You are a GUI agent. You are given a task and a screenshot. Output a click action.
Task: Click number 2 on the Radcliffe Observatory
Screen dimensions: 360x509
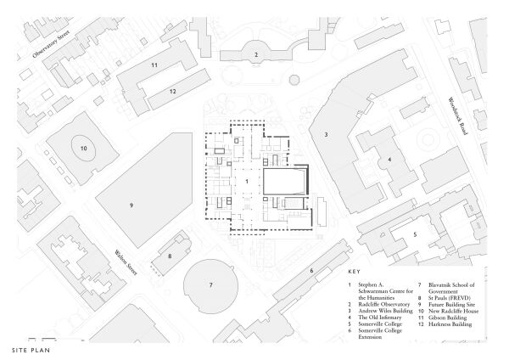click(255, 54)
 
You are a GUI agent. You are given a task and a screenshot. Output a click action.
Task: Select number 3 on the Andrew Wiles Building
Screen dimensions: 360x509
click(326, 134)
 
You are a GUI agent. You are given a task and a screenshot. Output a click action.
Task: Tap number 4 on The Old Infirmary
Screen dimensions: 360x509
click(389, 159)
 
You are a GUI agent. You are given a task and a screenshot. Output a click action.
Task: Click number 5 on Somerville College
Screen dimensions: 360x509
click(415, 233)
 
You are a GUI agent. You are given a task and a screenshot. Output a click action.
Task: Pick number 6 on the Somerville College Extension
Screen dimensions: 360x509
click(311, 271)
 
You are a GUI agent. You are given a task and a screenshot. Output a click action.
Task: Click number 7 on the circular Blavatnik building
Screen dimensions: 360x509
click(210, 284)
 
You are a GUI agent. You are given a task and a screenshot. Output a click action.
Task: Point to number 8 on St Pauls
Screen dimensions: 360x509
click(170, 255)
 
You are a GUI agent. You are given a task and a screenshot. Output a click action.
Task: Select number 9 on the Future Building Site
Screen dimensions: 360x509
click(131, 205)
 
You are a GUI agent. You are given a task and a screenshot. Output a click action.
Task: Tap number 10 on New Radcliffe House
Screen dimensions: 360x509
click(84, 148)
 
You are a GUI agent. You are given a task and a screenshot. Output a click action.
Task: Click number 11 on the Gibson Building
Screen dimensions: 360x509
click(154, 65)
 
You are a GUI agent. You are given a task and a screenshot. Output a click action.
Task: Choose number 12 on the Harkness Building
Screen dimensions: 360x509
click(172, 91)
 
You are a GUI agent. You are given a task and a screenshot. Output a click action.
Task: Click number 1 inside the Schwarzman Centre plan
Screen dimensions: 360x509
click(247, 181)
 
